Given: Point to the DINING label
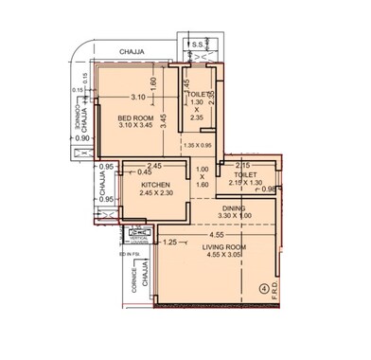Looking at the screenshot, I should point(234,207).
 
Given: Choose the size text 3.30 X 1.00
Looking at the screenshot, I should point(234,215).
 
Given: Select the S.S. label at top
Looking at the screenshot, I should point(196,45).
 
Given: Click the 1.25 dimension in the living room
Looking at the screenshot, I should point(170,243).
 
